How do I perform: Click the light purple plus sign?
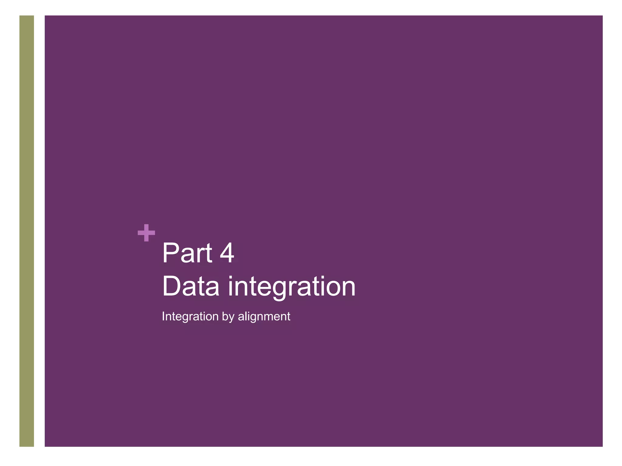pos(146,233)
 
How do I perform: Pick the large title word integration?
pos(292,287)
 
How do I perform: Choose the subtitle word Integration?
pos(190,316)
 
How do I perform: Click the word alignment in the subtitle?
pos(264,317)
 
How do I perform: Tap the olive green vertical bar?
pos(27,231)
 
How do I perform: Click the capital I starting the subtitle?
pos(163,316)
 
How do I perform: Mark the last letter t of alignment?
pos(289,317)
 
